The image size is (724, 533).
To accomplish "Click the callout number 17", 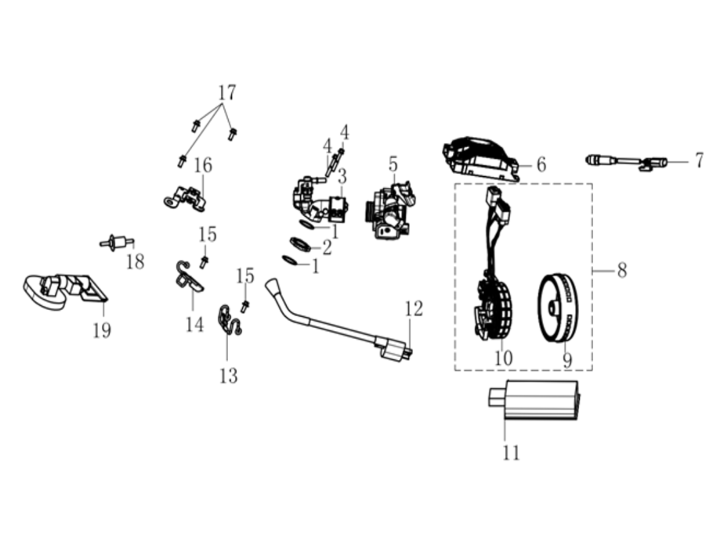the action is pos(227,93).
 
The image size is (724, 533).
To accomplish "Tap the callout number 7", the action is pos(699,161).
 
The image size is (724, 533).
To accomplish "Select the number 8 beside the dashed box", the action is pos(622,271).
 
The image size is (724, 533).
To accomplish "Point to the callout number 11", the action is pos(511,453).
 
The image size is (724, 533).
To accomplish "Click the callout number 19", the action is pos(102,330).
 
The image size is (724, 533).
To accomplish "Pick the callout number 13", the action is pos(229,376).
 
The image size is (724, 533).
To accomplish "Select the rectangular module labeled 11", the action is pos(533,400).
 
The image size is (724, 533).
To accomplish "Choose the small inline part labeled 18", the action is pos(117,243).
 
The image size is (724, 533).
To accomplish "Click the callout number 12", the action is pos(413,309).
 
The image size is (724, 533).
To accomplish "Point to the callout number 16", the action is pos(203,165).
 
